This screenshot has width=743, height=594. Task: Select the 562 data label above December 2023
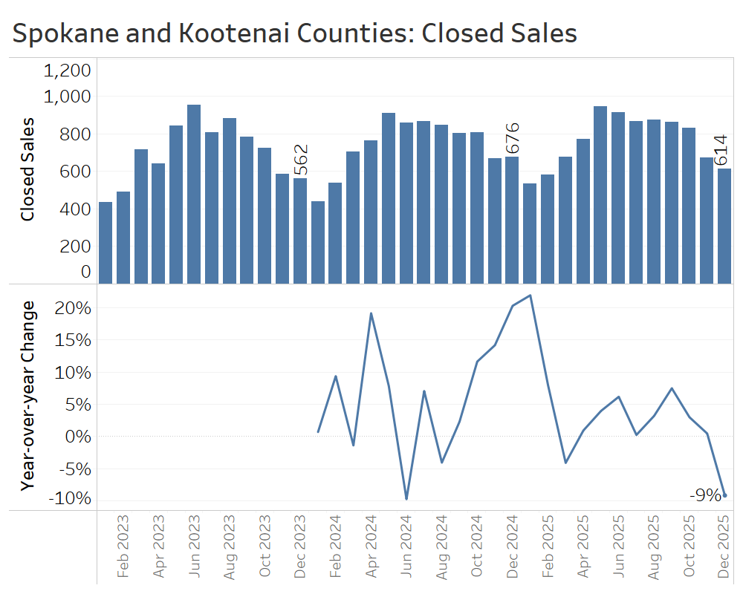tap(300, 160)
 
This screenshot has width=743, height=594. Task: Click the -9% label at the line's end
tap(704, 495)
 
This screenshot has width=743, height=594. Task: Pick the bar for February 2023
tap(123, 238)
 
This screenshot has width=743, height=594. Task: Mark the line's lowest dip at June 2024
tap(406, 498)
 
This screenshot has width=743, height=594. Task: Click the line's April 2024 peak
tap(371, 313)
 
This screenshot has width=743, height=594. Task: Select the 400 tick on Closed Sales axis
tap(76, 209)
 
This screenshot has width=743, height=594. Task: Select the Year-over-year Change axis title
tap(28, 395)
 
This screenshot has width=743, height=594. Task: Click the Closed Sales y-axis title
tap(28, 169)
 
